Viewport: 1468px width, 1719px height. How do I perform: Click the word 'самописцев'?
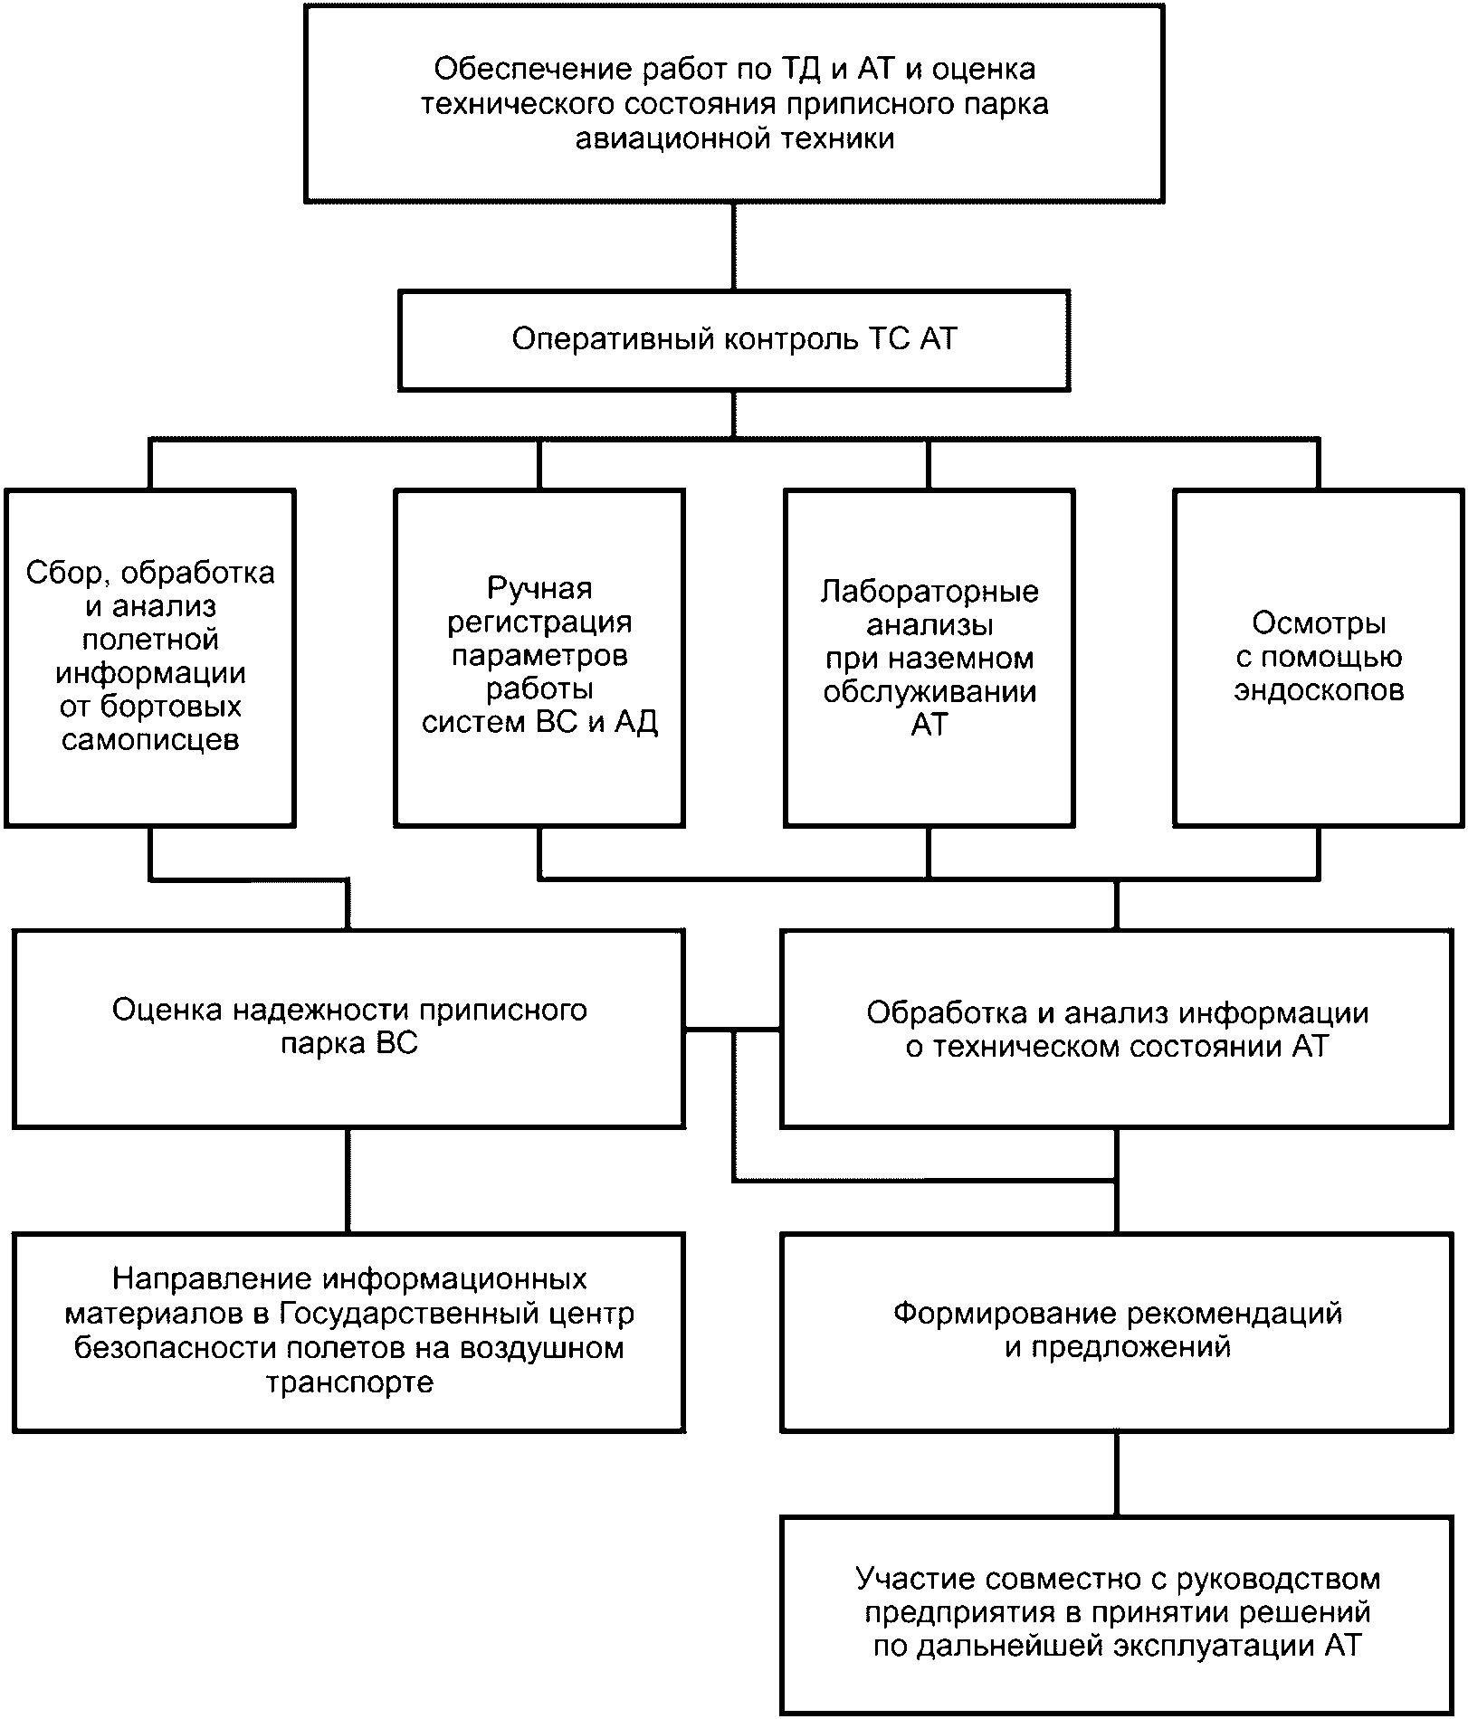pos(150,740)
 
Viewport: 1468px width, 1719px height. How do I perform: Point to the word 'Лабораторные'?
pos(929,592)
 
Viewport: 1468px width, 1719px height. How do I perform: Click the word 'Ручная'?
pos(539,588)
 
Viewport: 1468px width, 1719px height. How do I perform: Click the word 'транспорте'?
pos(349,1382)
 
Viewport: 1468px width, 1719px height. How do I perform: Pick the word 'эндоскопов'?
pos(1319,691)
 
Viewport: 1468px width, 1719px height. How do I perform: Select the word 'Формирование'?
pos(1003,1314)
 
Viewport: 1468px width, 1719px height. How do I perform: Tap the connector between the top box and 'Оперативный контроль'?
pos(734,245)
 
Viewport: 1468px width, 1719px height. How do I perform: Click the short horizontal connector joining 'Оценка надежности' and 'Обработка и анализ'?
pos(733,1030)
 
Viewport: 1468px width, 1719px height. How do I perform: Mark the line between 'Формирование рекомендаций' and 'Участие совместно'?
pos(1117,1475)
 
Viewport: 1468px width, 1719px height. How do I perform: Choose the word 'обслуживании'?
pos(929,692)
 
